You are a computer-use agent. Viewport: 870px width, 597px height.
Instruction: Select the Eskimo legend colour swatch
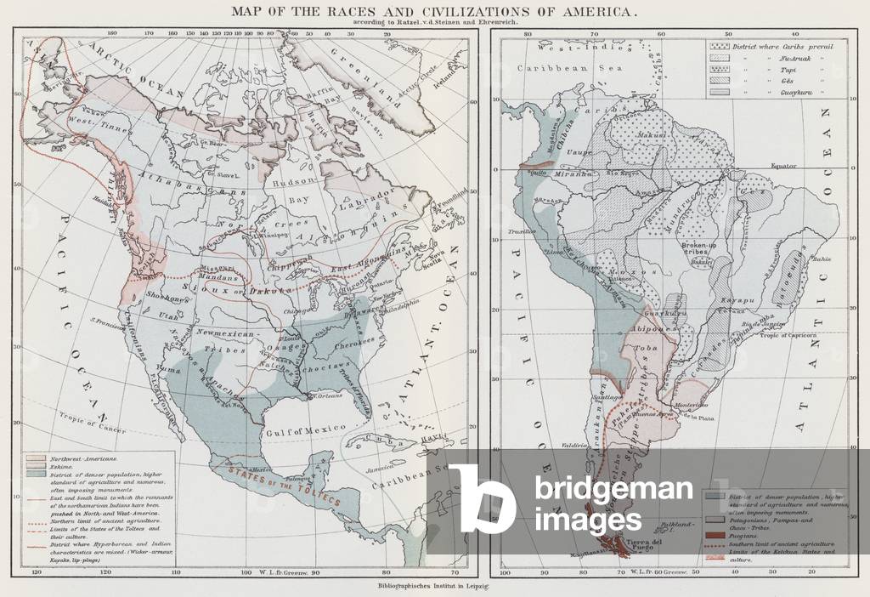tap(35, 467)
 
